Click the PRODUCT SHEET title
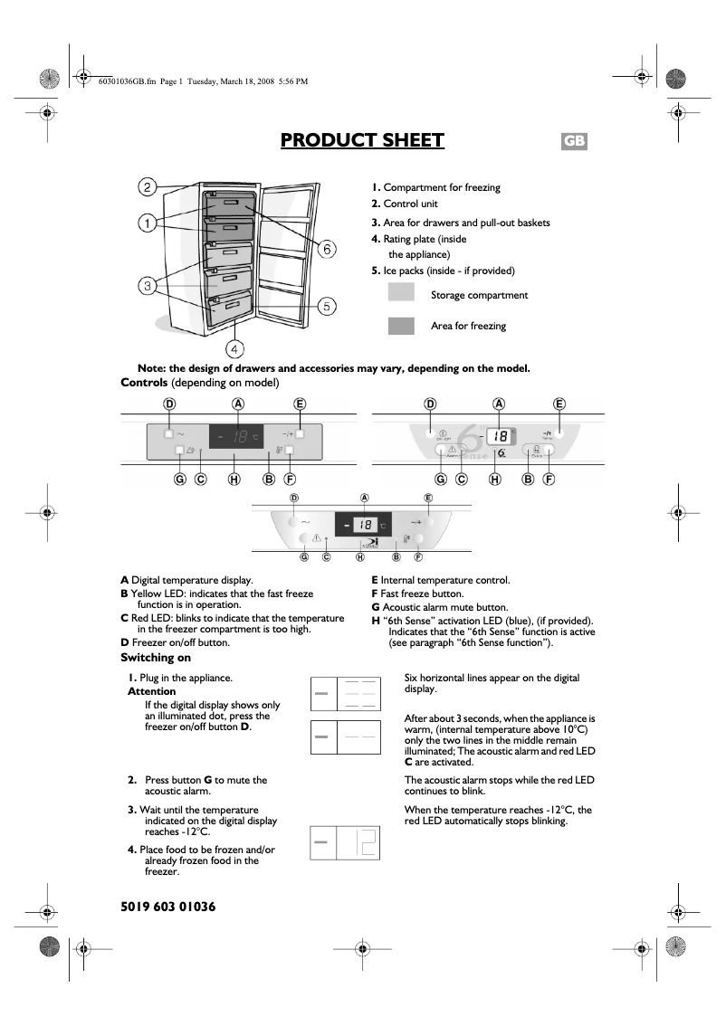pos(362,140)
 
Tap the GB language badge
pos(574,141)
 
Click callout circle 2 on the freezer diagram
pos(148,187)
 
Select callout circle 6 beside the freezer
pos(328,248)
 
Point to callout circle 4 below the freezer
pos(234,347)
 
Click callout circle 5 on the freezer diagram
pos(327,305)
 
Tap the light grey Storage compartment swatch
pos(401,293)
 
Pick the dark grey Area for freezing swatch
pos(401,326)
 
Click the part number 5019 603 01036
pos(168,906)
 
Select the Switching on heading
pos(156,658)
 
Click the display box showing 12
pos(345,842)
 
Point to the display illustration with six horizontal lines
pos(345,693)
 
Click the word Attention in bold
pos(151,691)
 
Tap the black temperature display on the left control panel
pos(236,437)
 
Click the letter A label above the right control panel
pos(499,404)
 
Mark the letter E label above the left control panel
pos(300,404)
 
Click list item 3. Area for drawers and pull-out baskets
pos(460,223)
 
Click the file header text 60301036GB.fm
pos(127,81)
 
